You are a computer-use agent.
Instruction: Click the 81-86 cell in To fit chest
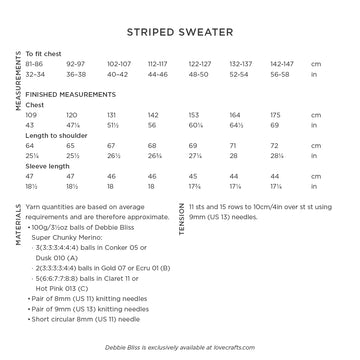tap(33, 75)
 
